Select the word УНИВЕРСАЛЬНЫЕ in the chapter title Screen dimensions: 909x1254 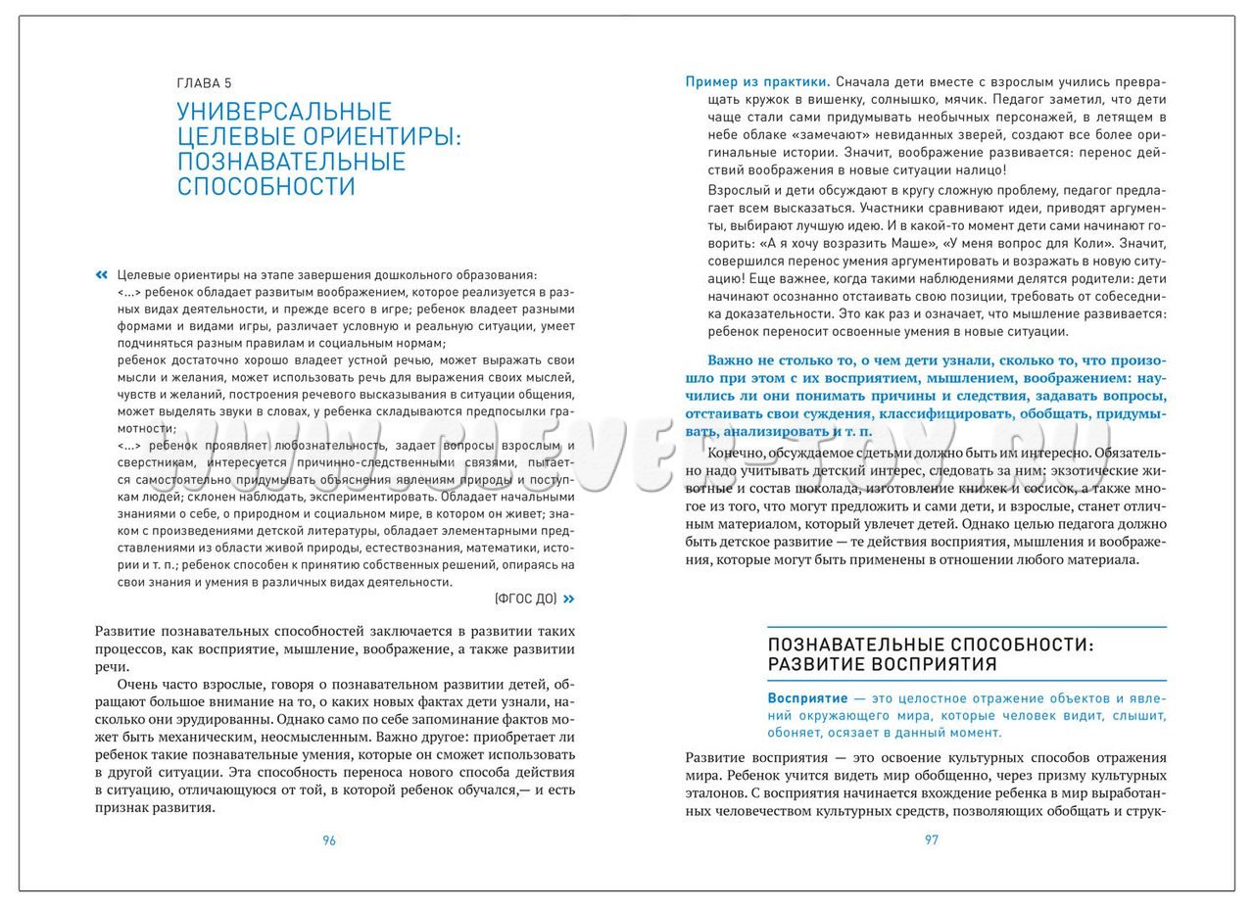(284, 112)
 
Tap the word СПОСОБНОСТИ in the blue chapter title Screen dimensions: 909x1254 (265, 185)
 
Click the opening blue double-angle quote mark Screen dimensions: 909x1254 (102, 274)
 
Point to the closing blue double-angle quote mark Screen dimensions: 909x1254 (569, 598)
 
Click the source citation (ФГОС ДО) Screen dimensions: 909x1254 (526, 598)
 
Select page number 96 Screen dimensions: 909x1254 (329, 840)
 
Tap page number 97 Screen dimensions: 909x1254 (931, 840)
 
